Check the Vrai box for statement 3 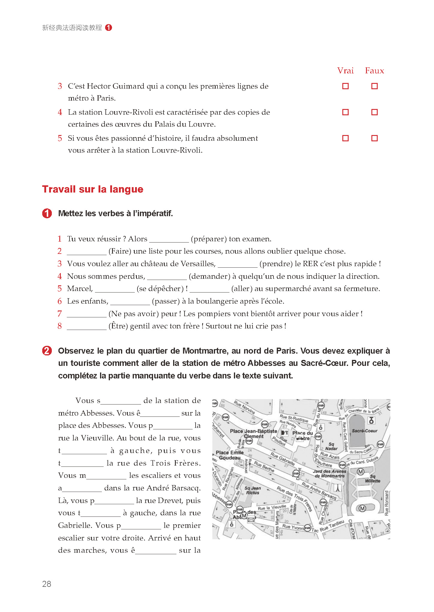pyautogui.click(x=345, y=86)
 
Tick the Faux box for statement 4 pyautogui.click(x=374, y=112)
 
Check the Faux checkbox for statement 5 pyautogui.click(x=374, y=138)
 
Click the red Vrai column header pyautogui.click(x=345, y=71)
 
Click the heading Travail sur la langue pyautogui.click(x=93, y=189)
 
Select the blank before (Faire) pyautogui.click(x=87, y=252)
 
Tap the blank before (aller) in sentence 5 pyautogui.click(x=209, y=289)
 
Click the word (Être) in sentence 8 pyautogui.click(x=118, y=326)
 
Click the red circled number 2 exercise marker pyautogui.click(x=47, y=351)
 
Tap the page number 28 pyautogui.click(x=47, y=584)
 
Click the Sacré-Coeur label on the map pyautogui.click(x=365, y=431)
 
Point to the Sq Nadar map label pyautogui.click(x=331, y=446)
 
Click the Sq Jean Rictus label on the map pyautogui.click(x=252, y=490)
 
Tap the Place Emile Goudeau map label pyautogui.click(x=230, y=455)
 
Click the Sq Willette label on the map pyautogui.click(x=373, y=478)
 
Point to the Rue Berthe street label pyautogui.click(x=264, y=466)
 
